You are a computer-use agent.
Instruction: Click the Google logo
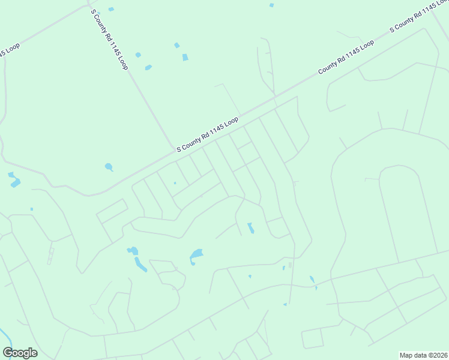[20, 353]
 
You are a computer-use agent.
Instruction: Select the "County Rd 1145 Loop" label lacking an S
[346, 57]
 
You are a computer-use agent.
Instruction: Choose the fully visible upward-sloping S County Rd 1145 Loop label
[208, 134]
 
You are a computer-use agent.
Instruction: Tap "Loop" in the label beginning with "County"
[365, 46]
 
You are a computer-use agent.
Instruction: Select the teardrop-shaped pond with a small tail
[109, 167]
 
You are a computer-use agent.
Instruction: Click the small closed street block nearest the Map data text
[313, 339]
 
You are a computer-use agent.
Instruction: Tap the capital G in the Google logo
[8, 352]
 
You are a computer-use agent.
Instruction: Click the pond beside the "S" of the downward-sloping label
[111, 9]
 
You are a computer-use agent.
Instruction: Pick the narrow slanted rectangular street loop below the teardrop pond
[112, 211]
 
